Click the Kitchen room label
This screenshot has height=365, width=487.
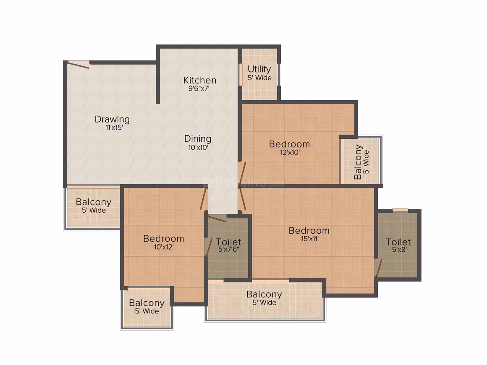[199, 81]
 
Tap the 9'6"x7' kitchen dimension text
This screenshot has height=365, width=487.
[199, 89]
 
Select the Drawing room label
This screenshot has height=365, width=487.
[112, 120]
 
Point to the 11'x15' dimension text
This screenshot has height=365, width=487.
[114, 128]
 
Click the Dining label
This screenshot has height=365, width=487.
[198, 139]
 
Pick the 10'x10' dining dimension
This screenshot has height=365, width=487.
[198, 147]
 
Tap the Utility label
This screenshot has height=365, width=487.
[259, 69]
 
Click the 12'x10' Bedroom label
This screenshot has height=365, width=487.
[289, 144]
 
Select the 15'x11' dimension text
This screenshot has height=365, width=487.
[309, 239]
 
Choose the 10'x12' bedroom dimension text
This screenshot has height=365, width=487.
[164, 247]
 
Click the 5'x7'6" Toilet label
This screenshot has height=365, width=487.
[228, 242]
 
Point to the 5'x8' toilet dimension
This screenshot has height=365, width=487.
[399, 250]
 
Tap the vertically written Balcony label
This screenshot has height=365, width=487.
[358, 162]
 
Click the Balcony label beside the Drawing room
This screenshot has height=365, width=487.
[94, 202]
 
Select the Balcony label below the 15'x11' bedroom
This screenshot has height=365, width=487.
[264, 294]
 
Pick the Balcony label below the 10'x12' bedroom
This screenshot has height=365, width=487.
[147, 303]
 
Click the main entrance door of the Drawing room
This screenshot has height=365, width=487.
[79, 65]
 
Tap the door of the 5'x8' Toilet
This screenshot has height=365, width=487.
[378, 268]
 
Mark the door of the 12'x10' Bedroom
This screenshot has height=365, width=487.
[242, 172]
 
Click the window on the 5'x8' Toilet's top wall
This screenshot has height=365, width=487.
[401, 210]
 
